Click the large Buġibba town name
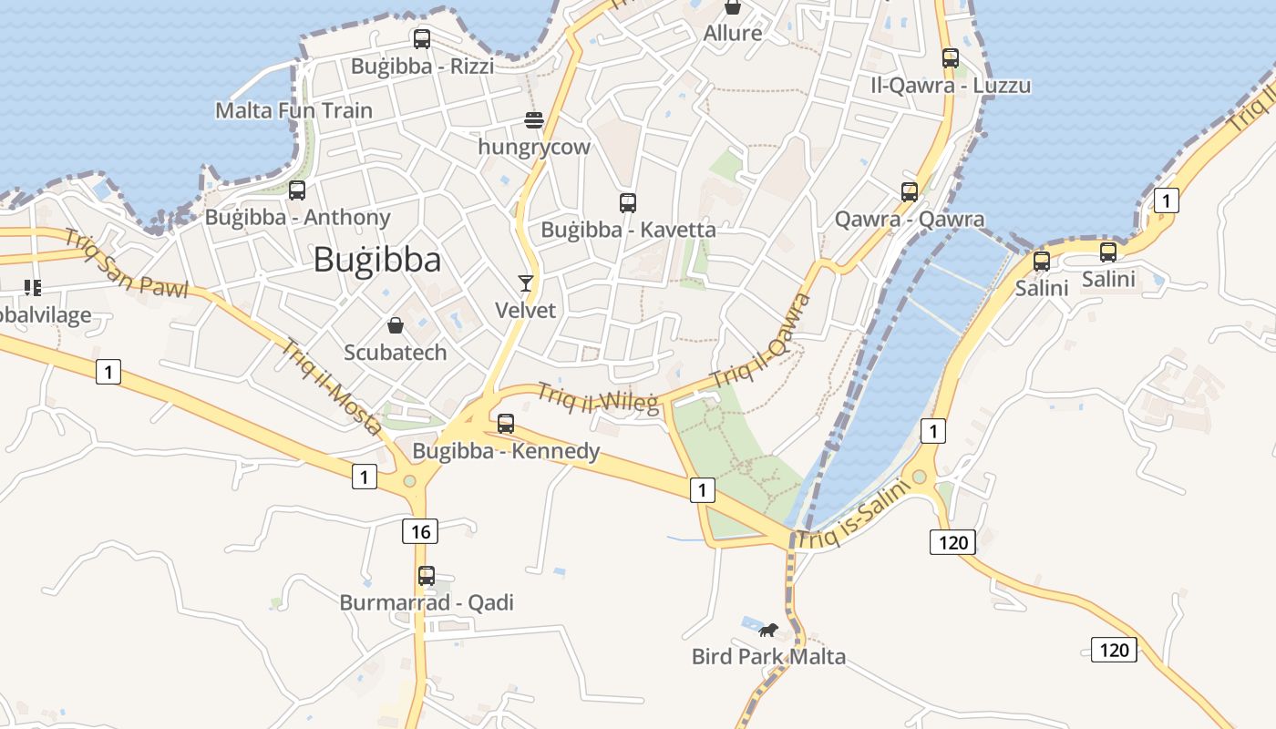coord(376,260)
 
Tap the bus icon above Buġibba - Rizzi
coord(422,39)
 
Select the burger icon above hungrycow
coord(534,120)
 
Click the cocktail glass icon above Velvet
coord(526,283)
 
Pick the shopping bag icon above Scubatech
coord(396,325)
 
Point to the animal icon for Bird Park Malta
coord(768,630)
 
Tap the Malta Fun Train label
coord(293,110)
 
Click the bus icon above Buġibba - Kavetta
coord(627,203)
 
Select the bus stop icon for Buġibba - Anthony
coord(297,190)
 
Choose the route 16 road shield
coord(420,531)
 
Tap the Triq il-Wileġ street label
coord(597,397)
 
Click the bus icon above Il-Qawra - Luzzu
coord(951,58)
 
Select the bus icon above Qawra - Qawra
coord(909,192)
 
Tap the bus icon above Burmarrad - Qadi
coord(427,576)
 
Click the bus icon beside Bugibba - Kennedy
coord(506,424)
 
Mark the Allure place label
coord(733,33)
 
